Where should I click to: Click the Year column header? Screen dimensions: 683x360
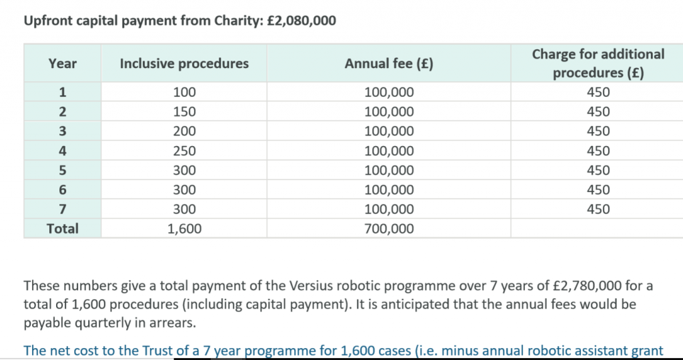pos(62,63)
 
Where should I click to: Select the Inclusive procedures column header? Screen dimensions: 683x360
pos(184,63)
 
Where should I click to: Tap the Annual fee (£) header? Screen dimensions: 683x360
pos(389,63)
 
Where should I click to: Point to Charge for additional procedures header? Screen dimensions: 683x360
pos(598,63)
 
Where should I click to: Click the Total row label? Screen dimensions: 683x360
pos(62,229)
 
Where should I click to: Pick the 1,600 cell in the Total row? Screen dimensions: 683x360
pos(185,229)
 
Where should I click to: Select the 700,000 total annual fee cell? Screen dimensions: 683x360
pos(389,229)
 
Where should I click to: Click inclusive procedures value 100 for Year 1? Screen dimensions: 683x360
pos(185,92)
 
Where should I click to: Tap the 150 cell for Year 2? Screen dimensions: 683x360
pos(185,112)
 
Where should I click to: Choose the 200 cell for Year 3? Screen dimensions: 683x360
pos(185,131)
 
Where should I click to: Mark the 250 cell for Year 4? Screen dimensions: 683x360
pos(185,151)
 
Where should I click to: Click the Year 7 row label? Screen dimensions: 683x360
pos(62,209)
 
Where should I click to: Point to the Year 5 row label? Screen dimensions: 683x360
pos(62,170)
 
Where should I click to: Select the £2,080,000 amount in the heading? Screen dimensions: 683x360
pos(301,21)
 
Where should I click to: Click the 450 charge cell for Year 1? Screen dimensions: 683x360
pos(598,92)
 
